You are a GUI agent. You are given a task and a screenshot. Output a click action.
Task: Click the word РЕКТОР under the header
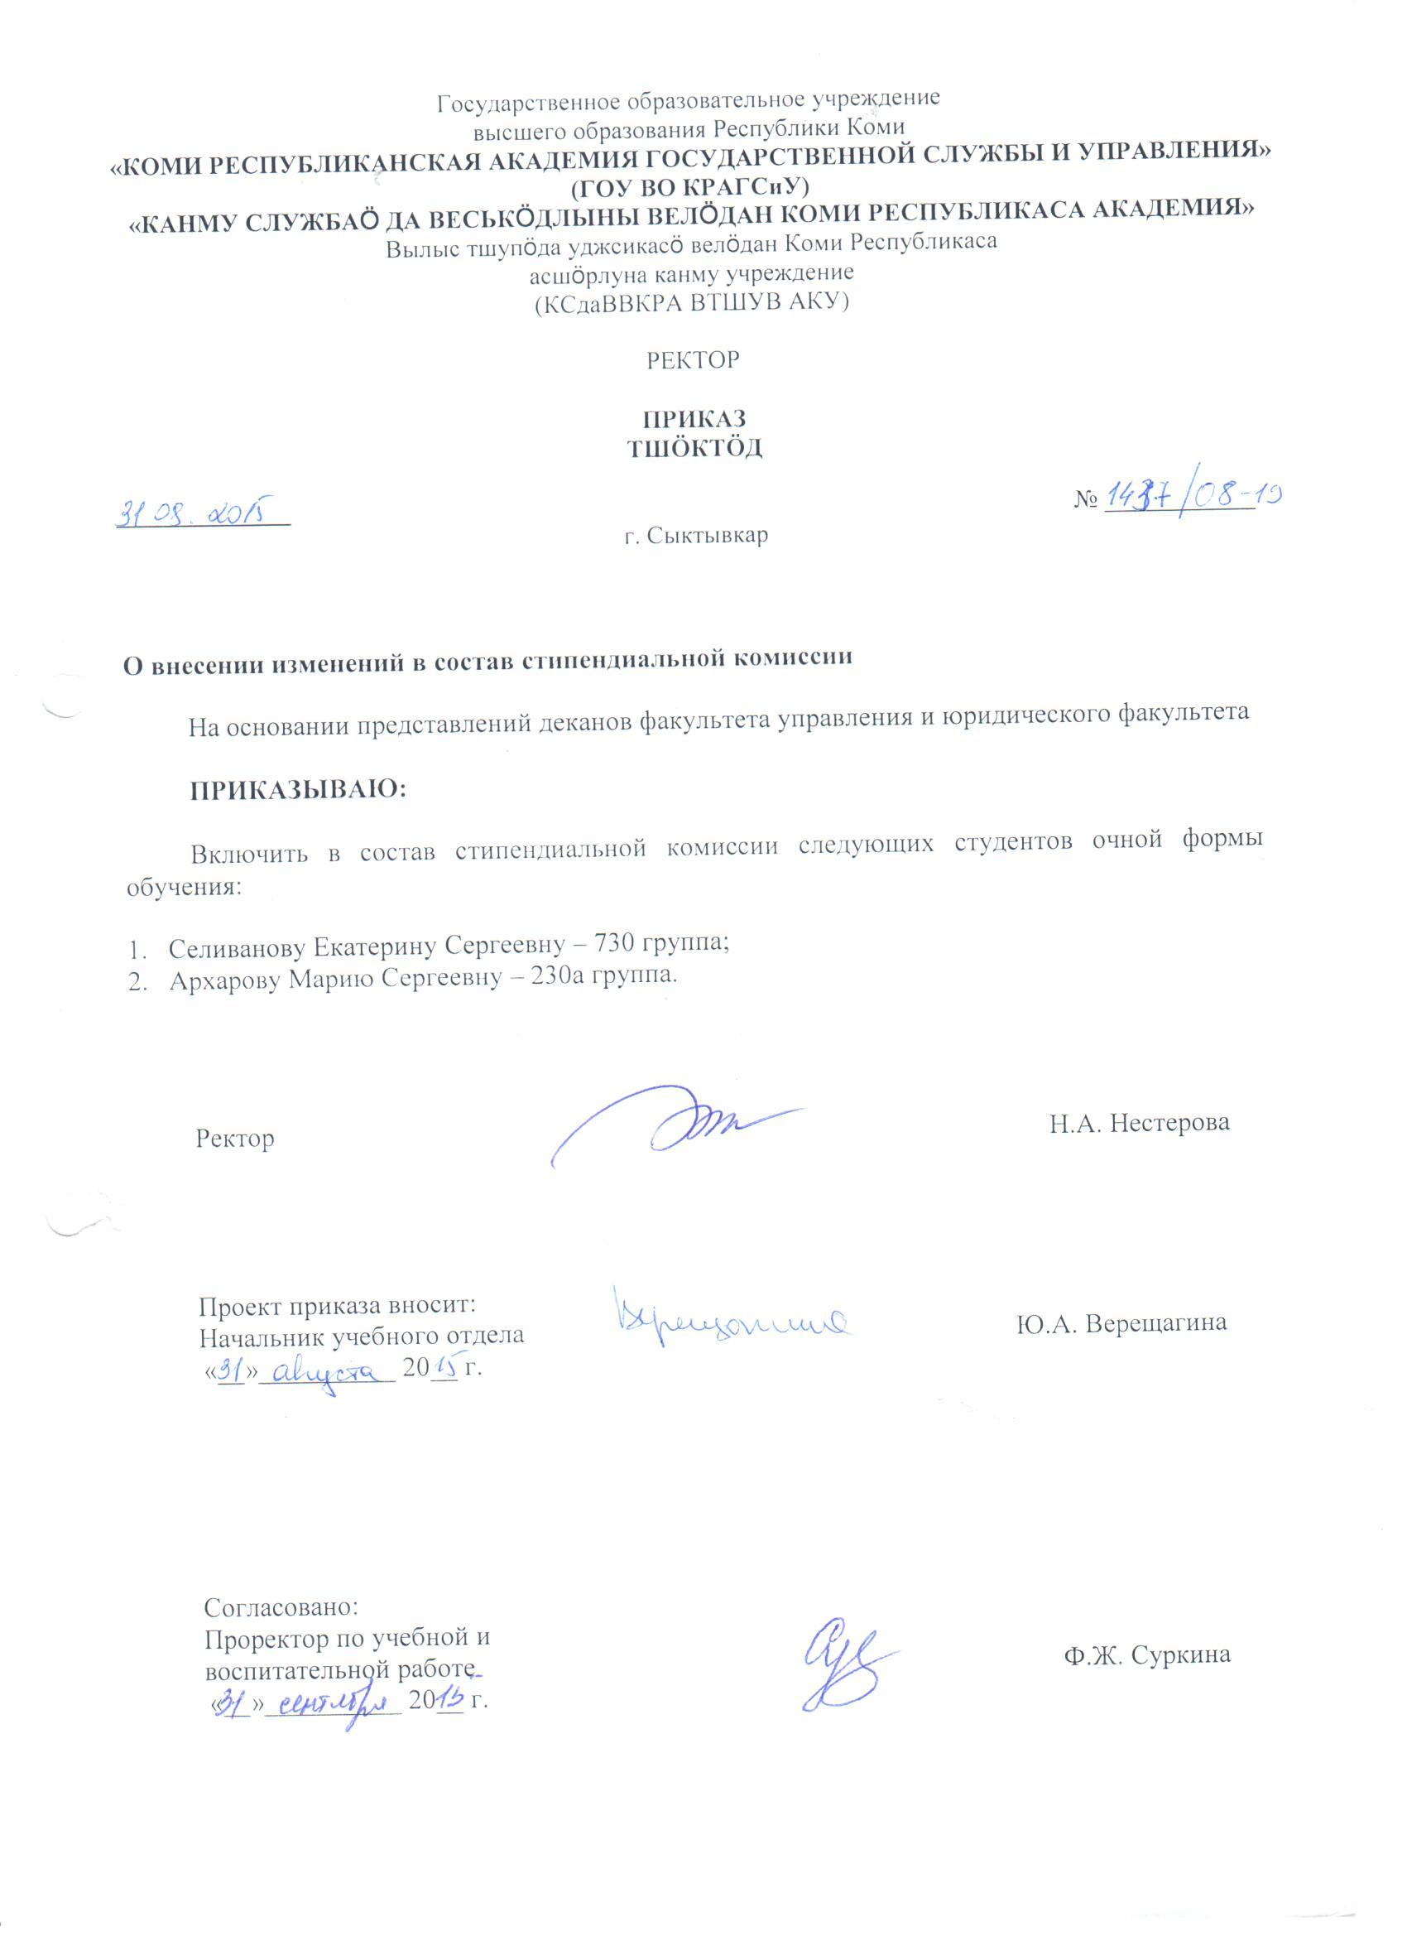(692, 360)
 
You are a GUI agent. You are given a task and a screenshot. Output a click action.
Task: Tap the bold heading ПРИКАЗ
(694, 419)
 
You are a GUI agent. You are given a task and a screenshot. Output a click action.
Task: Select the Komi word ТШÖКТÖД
(694, 449)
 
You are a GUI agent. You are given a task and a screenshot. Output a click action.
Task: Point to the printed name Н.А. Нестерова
(1139, 1123)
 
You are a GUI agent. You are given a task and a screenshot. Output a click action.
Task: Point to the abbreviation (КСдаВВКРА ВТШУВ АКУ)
(691, 302)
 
